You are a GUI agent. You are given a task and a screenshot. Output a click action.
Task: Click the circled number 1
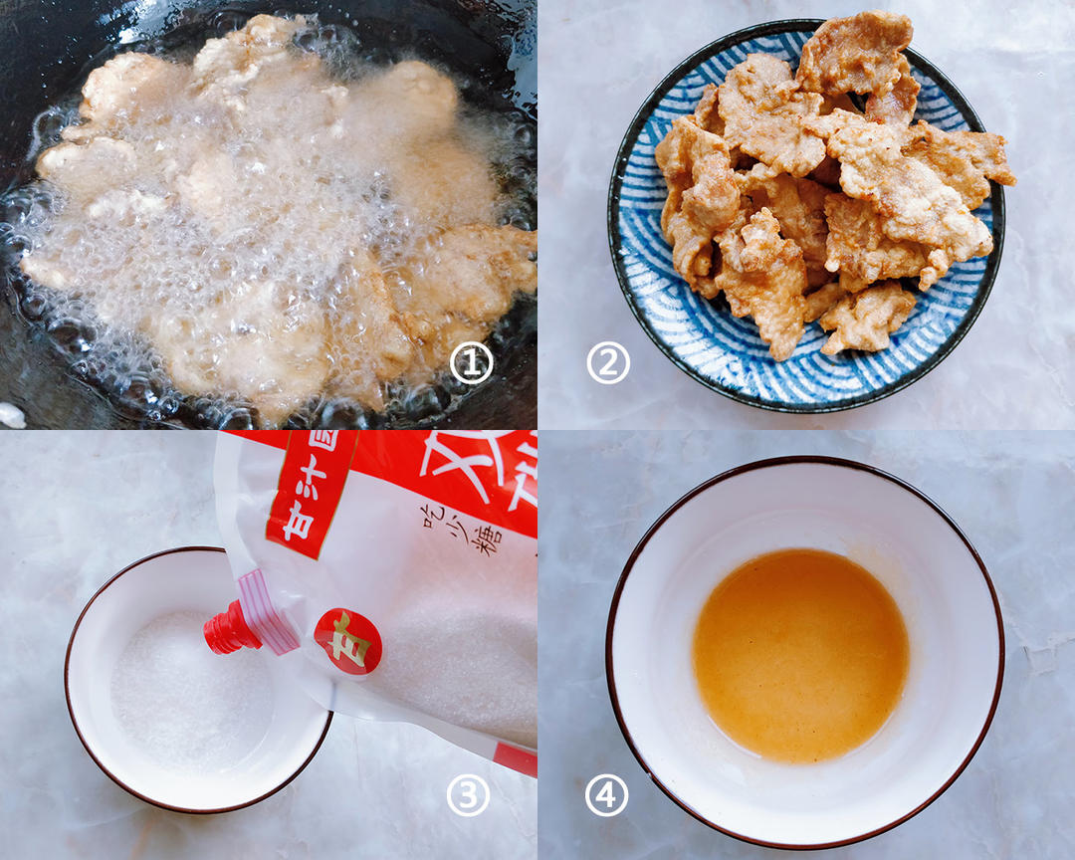click(x=471, y=364)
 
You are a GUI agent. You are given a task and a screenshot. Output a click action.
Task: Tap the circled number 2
click(x=608, y=364)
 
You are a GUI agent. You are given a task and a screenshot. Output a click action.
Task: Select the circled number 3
click(x=468, y=795)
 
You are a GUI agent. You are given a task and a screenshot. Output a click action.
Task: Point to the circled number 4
click(x=606, y=795)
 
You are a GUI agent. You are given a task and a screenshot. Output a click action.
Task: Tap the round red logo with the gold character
click(x=347, y=641)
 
